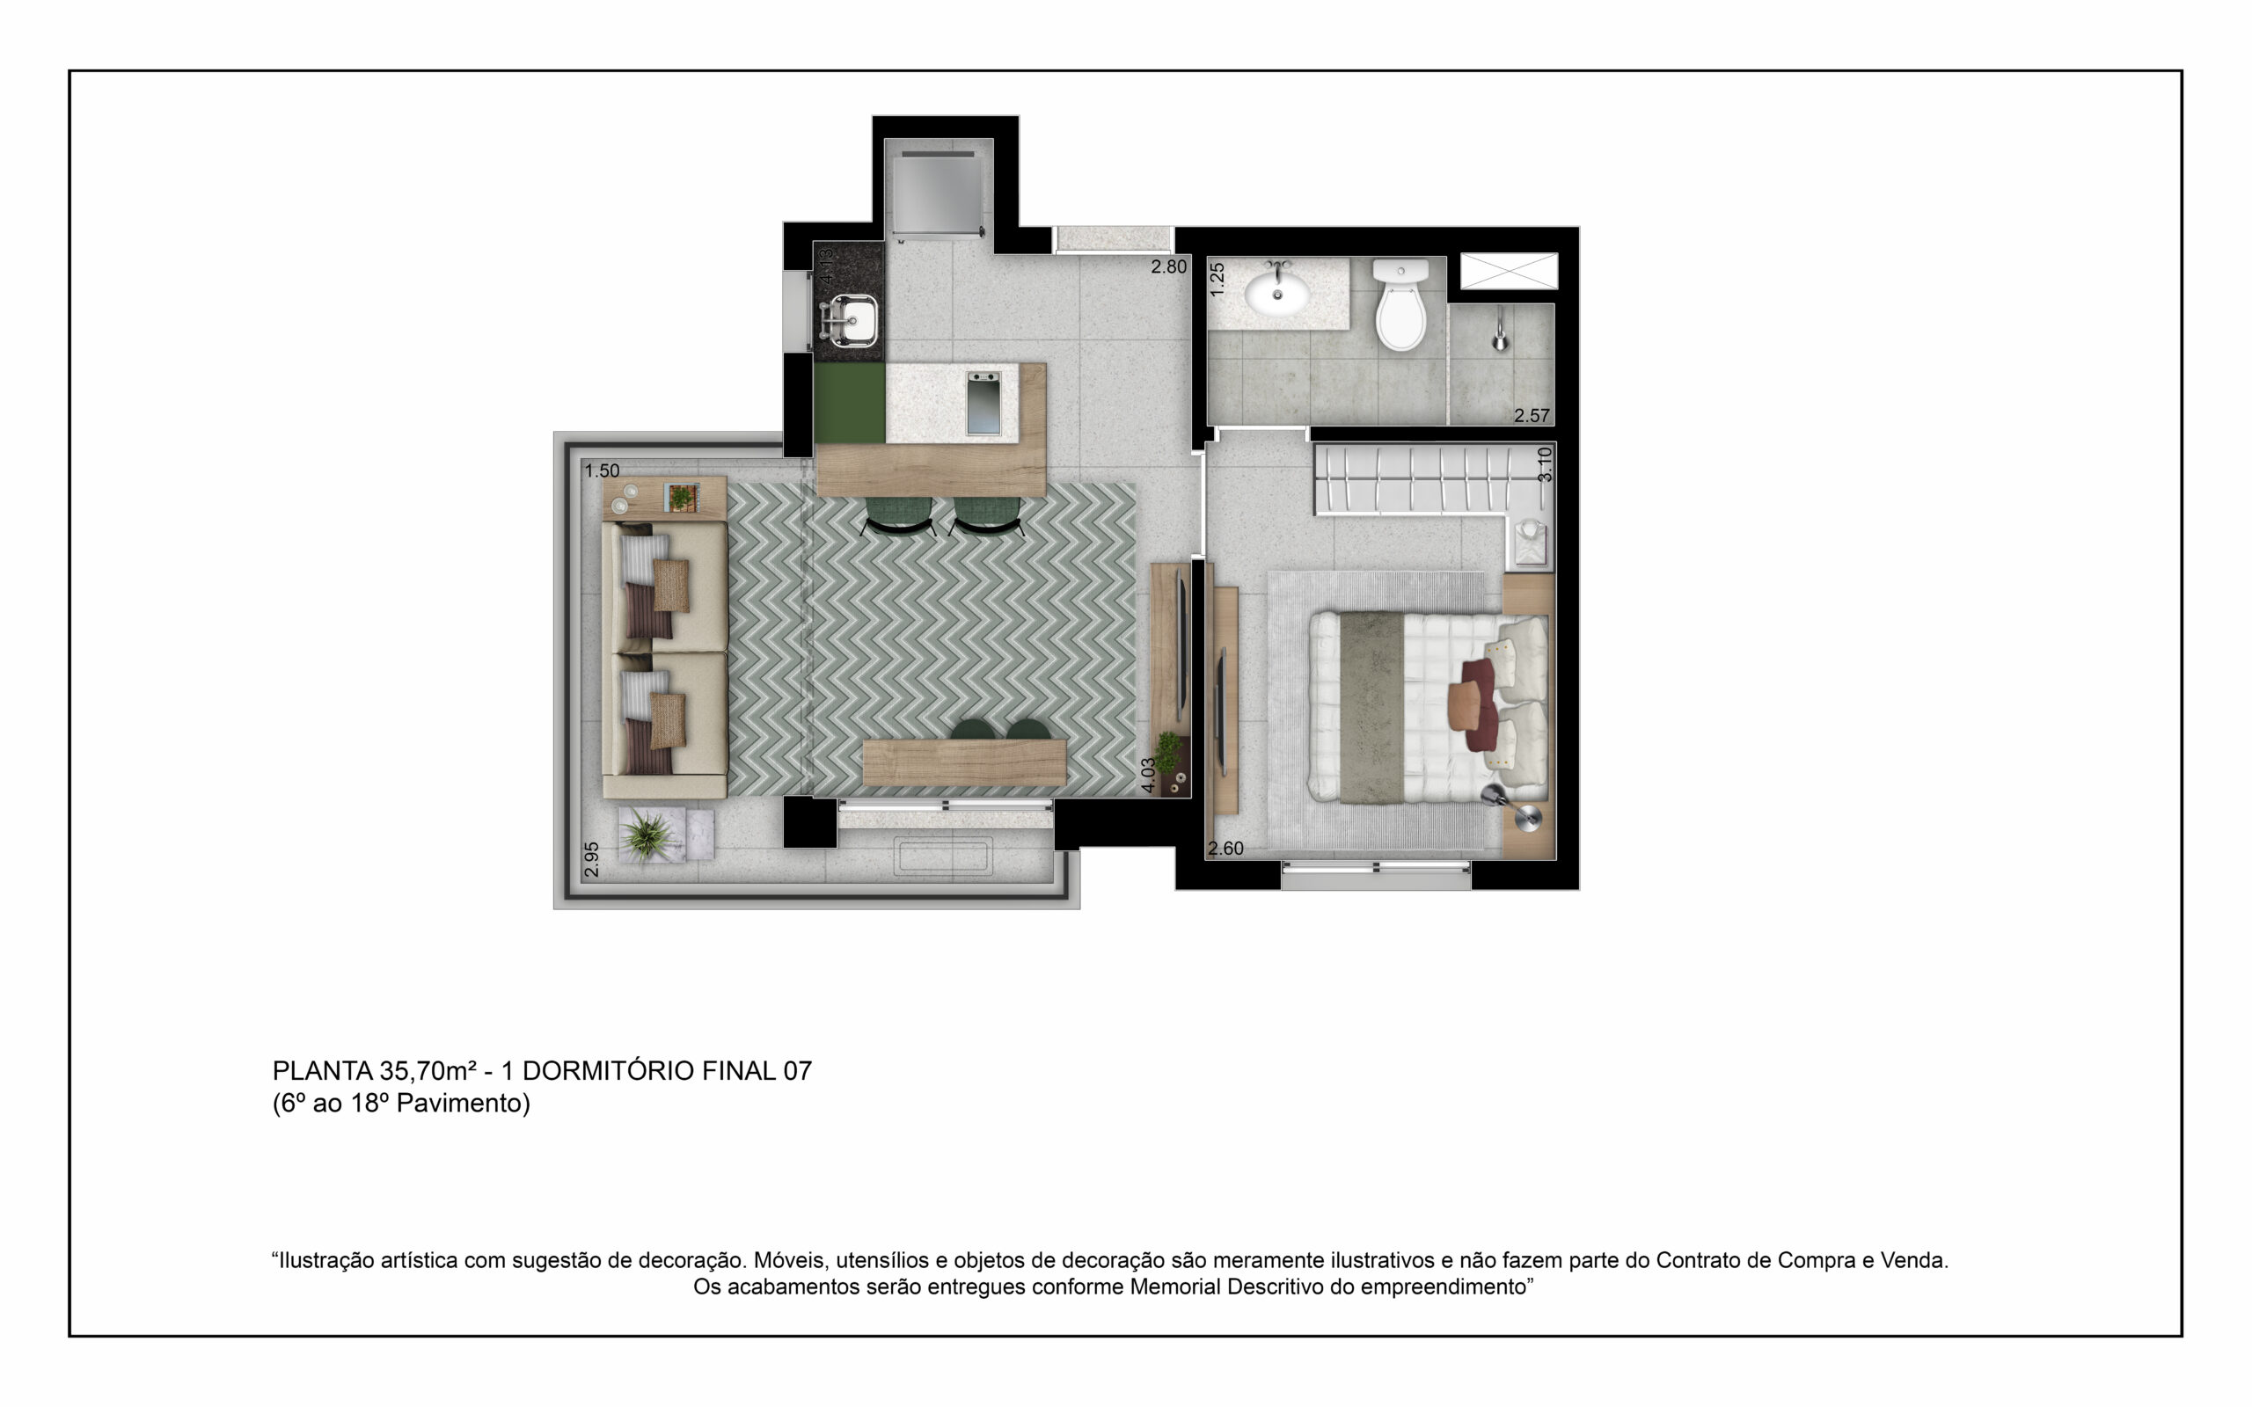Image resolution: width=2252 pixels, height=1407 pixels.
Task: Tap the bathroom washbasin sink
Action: pos(1276,291)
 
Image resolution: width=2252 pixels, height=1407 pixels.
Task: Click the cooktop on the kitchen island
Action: pos(983,403)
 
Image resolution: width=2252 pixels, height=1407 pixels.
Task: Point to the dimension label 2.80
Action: pos(1169,267)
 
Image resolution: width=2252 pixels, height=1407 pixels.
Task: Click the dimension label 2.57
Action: pos(1532,416)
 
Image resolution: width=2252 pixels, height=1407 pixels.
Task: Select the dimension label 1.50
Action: pos(602,470)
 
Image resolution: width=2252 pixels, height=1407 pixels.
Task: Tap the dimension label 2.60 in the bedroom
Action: pos(1225,849)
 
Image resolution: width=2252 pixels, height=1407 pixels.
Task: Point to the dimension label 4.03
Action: pos(1149,775)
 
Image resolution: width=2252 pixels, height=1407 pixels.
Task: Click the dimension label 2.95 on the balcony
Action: pos(592,860)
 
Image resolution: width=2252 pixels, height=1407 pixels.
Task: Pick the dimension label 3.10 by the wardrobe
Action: pos(1545,464)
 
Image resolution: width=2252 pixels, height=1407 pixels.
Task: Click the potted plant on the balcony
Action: pos(648,833)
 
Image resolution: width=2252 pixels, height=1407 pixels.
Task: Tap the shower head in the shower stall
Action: pos(1500,334)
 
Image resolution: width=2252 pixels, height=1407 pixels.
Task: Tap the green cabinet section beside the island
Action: pos(850,403)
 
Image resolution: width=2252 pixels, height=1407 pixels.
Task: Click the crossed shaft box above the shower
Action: pos(1509,271)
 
